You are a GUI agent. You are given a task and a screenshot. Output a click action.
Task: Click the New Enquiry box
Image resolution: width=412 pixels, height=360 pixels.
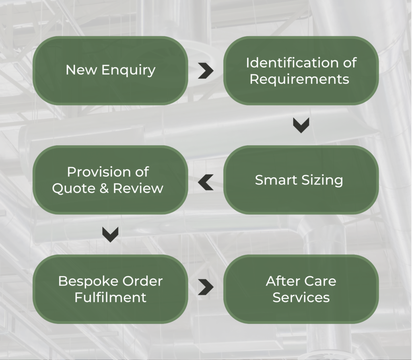pyautogui.click(x=110, y=71)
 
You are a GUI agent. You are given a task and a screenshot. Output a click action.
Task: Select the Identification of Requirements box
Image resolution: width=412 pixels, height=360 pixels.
pyautogui.click(x=301, y=71)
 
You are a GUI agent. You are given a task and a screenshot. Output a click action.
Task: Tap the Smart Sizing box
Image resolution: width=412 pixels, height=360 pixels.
pyautogui.click(x=301, y=180)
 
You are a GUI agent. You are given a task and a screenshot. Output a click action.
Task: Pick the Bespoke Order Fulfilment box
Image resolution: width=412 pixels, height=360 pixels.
pyautogui.click(x=110, y=289)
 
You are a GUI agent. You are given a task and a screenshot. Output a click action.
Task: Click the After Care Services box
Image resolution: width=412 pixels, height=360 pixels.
pyautogui.click(x=301, y=289)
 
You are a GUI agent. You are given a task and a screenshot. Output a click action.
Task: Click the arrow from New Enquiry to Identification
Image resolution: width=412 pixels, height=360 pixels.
pyautogui.click(x=206, y=71)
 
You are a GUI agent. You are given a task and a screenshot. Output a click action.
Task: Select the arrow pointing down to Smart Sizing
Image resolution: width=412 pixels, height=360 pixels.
pyautogui.click(x=301, y=125)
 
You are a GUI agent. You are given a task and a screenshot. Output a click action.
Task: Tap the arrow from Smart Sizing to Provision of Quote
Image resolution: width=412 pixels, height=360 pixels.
pyautogui.click(x=206, y=183)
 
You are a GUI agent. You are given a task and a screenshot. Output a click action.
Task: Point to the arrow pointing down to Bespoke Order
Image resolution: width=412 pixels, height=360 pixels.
pyautogui.click(x=110, y=234)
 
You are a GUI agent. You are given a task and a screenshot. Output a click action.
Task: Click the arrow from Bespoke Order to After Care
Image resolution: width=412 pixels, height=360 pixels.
pyautogui.click(x=206, y=287)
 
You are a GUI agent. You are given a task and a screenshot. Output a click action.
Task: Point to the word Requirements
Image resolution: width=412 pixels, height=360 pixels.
pyautogui.click(x=299, y=79)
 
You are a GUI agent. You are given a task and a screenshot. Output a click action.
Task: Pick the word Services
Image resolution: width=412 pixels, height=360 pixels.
pyautogui.click(x=301, y=297)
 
